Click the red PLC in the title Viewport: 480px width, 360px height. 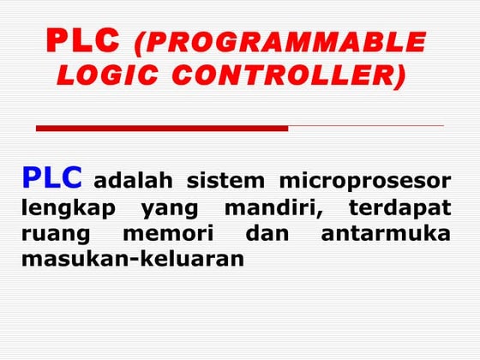83,40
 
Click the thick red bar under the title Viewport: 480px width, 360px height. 162,128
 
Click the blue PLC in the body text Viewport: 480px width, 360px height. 52,177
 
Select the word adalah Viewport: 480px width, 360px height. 133,181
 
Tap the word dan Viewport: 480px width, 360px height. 263,232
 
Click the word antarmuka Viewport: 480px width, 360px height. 386,232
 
